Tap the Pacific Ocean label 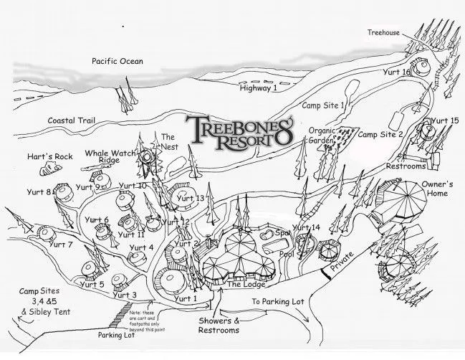[117, 62]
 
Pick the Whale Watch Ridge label [108, 156]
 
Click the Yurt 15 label [444, 120]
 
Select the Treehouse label [383, 32]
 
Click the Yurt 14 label [306, 227]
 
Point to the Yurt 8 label [39, 192]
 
